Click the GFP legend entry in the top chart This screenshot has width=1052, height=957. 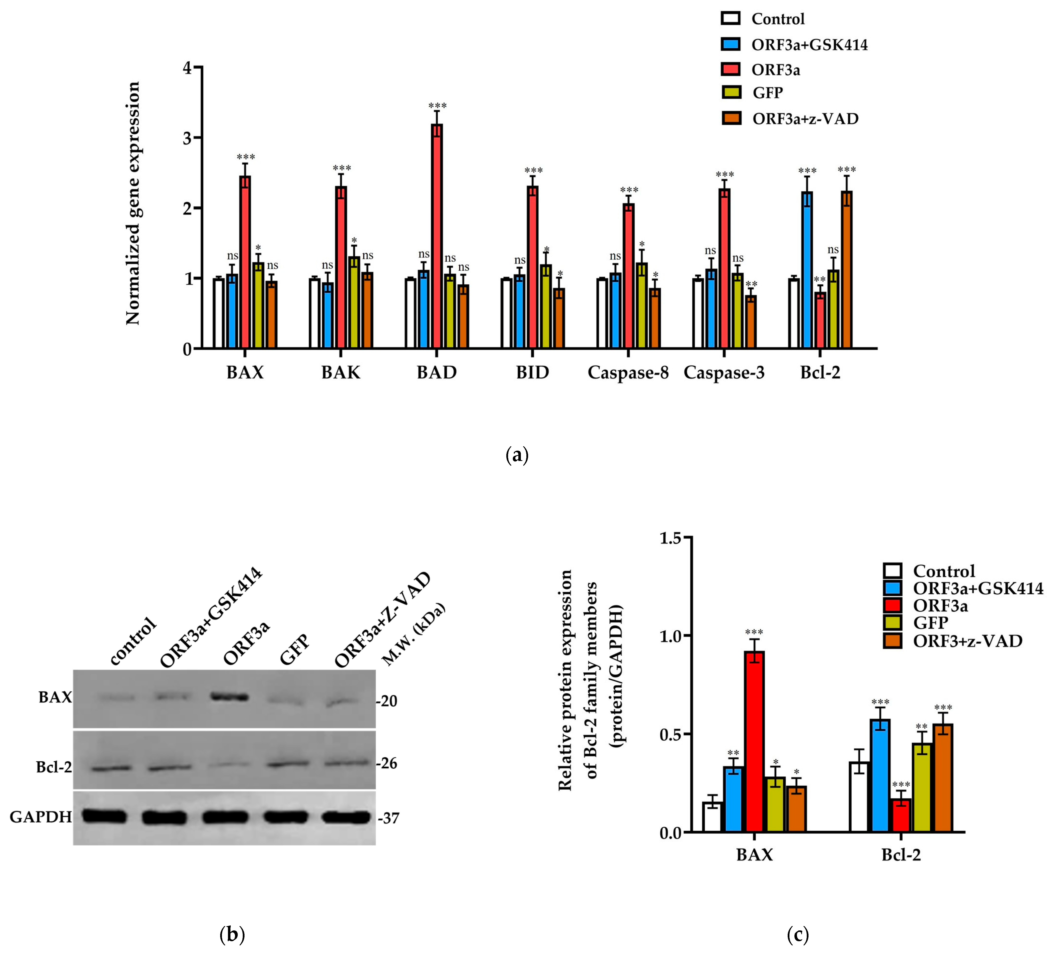click(x=767, y=93)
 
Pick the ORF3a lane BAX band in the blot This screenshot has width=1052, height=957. click(x=228, y=697)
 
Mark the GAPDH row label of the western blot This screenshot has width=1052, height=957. click(x=41, y=817)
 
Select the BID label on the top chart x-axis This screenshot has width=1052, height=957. click(x=532, y=373)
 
